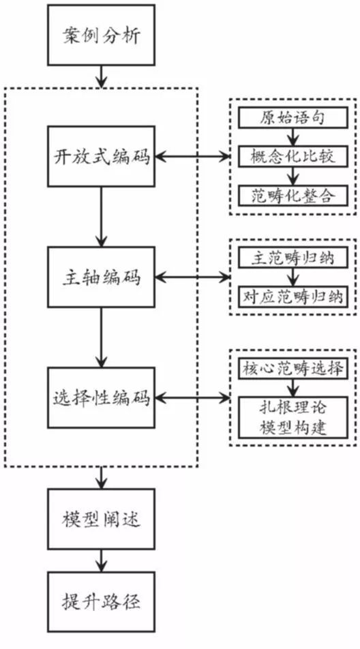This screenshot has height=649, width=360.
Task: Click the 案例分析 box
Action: pos(101,33)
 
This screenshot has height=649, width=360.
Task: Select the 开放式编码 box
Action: pos(101,156)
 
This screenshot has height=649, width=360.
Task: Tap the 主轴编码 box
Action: pos(101,277)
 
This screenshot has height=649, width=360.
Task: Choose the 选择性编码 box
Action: pos(101,397)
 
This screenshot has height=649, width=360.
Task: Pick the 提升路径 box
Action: pos(101,602)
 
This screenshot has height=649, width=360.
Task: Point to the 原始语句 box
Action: pos(292,117)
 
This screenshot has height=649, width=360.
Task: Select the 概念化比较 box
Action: pos(292,156)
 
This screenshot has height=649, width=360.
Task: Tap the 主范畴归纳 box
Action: pos(292,258)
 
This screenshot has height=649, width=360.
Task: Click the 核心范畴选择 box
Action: pos(292,369)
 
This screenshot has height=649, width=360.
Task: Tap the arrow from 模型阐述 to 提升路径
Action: pos(101,560)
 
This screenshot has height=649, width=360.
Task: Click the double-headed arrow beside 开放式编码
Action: pos(193,157)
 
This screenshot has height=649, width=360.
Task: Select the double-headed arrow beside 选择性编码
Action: pos(193,397)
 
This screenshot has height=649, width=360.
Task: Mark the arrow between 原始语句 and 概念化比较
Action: pos(292,137)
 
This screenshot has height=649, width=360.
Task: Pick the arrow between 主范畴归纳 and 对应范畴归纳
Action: pos(292,277)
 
